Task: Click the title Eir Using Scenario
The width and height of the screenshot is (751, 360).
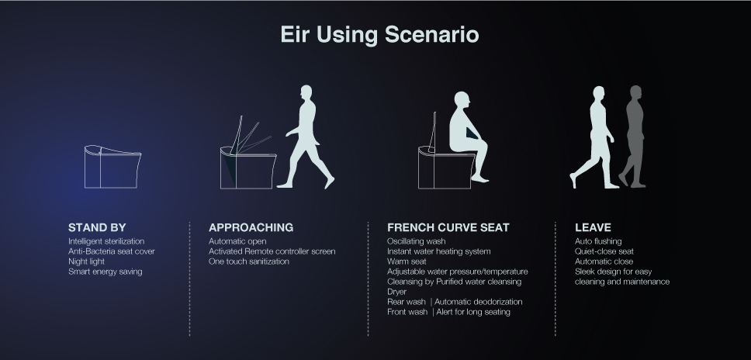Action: [x=379, y=35]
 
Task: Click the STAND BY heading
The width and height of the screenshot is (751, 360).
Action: [x=97, y=227]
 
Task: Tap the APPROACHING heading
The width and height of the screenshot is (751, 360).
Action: [x=251, y=227]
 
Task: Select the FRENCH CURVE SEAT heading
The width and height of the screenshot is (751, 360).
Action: [x=448, y=227]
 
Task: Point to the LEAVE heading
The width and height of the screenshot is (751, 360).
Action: [x=593, y=227]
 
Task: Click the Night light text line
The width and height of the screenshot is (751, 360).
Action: [x=86, y=261]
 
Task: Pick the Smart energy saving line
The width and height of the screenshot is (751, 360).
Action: [x=105, y=272]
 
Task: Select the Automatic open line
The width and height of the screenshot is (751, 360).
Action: [x=237, y=241]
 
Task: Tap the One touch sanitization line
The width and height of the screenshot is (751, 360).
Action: [x=248, y=261]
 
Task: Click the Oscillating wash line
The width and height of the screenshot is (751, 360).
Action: [x=416, y=241]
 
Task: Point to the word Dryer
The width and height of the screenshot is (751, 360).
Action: [x=396, y=292]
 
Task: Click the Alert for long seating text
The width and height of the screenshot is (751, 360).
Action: [x=473, y=312]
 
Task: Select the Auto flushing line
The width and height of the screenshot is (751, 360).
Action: [x=598, y=241]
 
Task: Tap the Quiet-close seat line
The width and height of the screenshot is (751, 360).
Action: [x=604, y=251]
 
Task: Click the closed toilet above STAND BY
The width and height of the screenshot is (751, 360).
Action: [x=112, y=167]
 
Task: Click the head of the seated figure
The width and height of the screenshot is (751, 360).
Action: [x=462, y=101]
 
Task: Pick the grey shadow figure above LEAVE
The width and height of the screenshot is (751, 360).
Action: [x=633, y=137]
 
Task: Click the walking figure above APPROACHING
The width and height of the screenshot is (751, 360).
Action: [x=306, y=137]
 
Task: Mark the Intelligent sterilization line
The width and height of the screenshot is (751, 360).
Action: [x=106, y=241]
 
